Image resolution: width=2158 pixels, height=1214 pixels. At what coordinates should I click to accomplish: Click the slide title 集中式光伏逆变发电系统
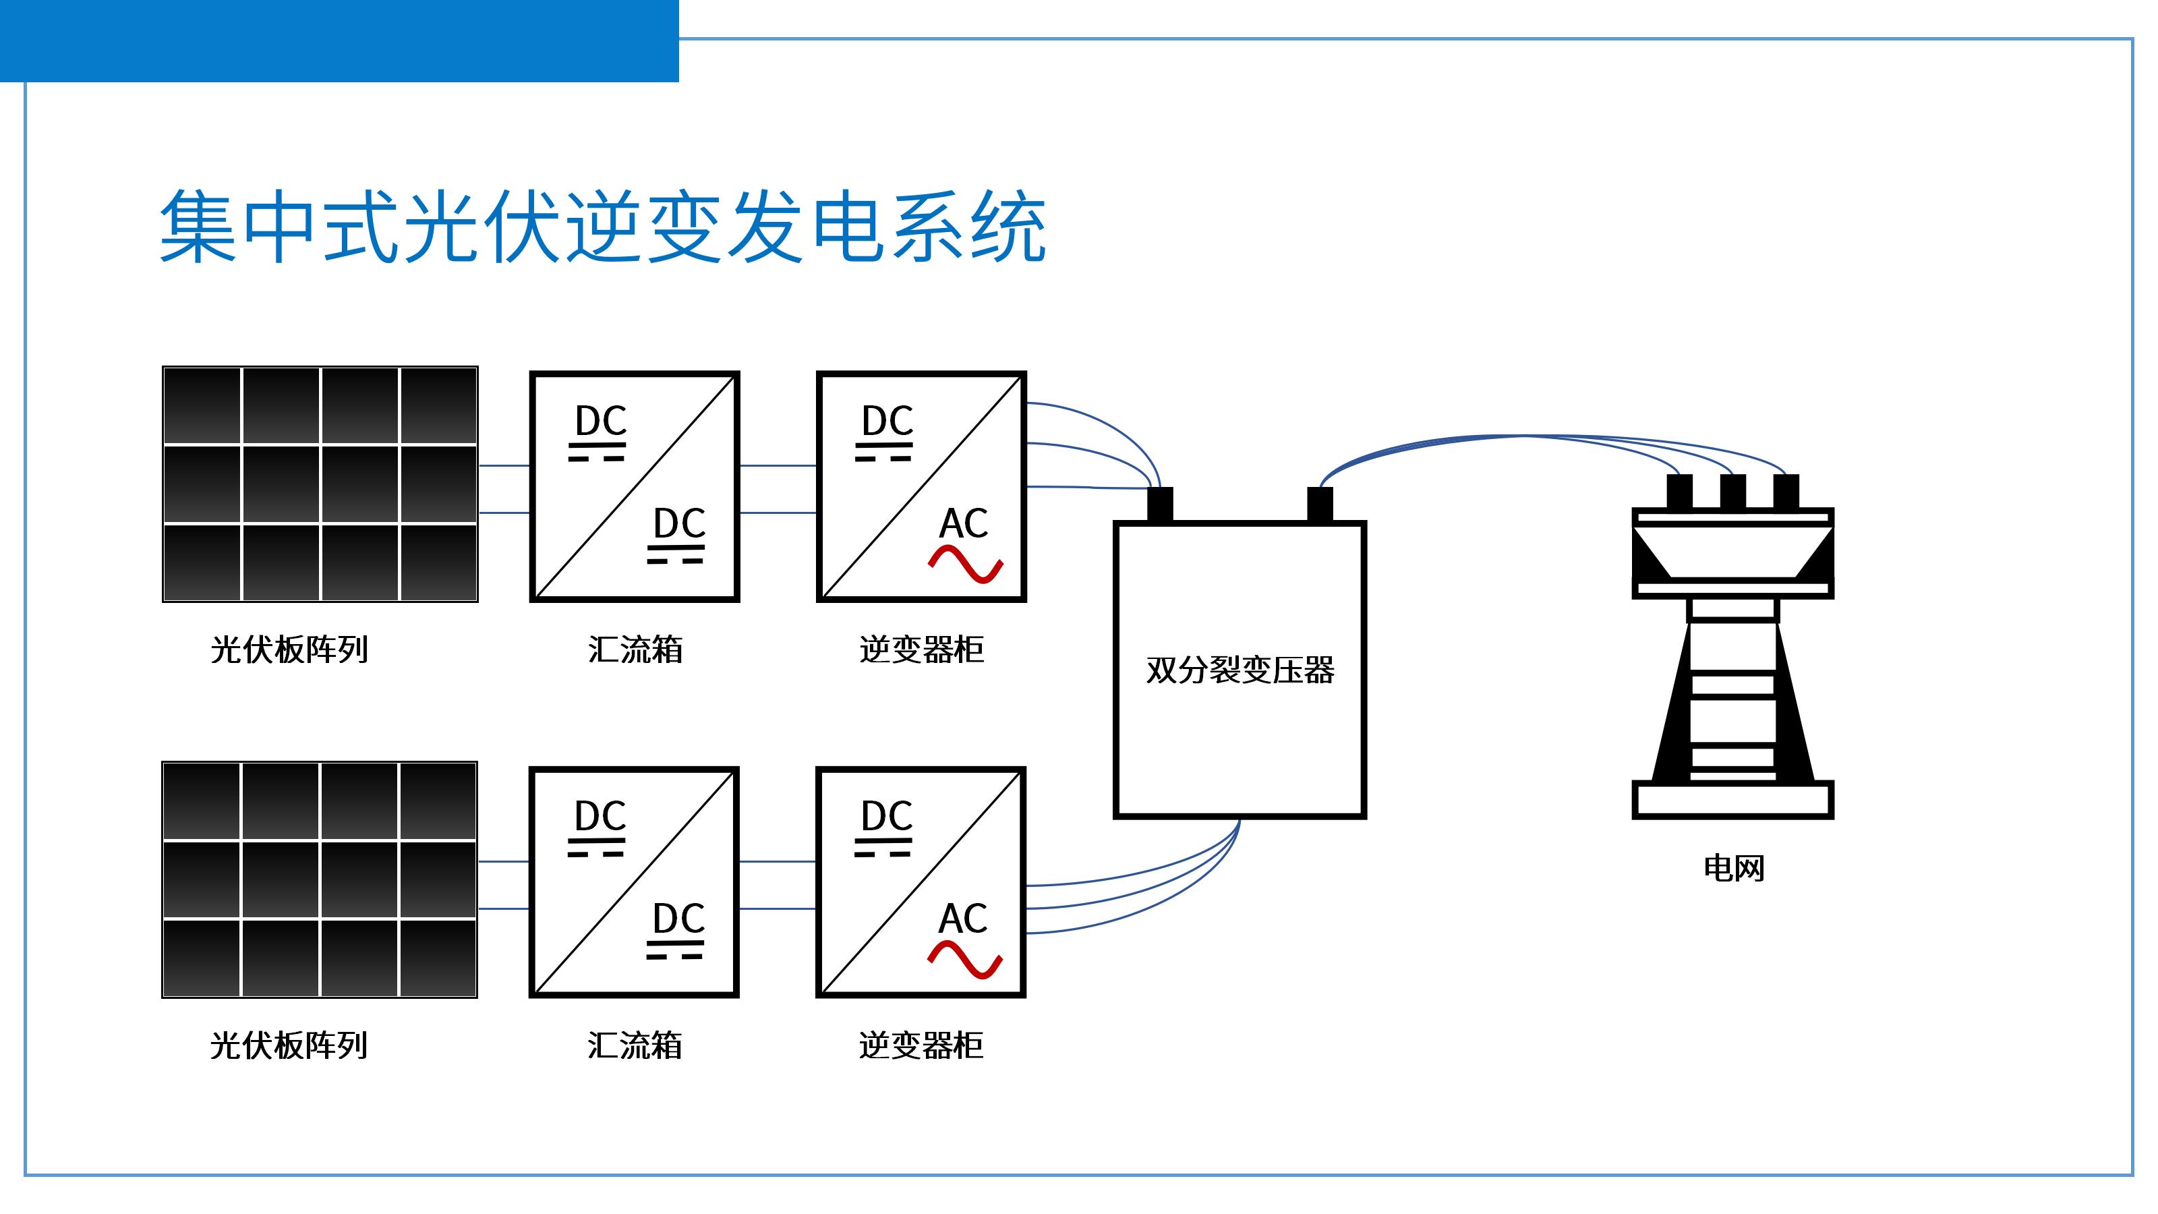pyautogui.click(x=602, y=226)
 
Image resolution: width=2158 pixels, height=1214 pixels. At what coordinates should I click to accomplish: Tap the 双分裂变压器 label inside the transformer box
pyautogui.click(x=1240, y=670)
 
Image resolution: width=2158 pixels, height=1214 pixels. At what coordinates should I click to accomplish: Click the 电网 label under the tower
pyautogui.click(x=1733, y=868)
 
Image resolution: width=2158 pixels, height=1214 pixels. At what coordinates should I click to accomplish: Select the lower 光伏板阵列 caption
pyautogui.click(x=289, y=1045)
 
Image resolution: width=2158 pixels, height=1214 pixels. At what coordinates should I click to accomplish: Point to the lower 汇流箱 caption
pyautogui.click(x=635, y=1045)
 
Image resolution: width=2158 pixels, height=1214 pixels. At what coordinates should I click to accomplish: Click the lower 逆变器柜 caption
pyautogui.click(x=921, y=1045)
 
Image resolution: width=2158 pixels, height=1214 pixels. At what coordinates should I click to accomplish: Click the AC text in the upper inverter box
pyautogui.click(x=964, y=523)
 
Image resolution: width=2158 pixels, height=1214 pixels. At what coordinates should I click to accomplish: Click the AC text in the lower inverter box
pyautogui.click(x=964, y=919)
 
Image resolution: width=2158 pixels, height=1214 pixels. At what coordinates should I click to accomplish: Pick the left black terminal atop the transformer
pyautogui.click(x=1159, y=504)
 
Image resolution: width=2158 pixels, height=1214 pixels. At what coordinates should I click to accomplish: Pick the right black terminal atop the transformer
pyautogui.click(x=1320, y=504)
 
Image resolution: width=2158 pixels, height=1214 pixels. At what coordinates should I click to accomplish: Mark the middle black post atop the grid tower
pyautogui.click(x=1732, y=491)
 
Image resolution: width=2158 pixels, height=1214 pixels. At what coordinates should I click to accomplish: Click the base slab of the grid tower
pyautogui.click(x=1732, y=800)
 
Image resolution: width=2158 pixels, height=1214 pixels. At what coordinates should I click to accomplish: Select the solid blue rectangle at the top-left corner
pyautogui.click(x=339, y=40)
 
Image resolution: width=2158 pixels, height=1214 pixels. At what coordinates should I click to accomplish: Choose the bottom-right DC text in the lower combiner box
pyautogui.click(x=678, y=919)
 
